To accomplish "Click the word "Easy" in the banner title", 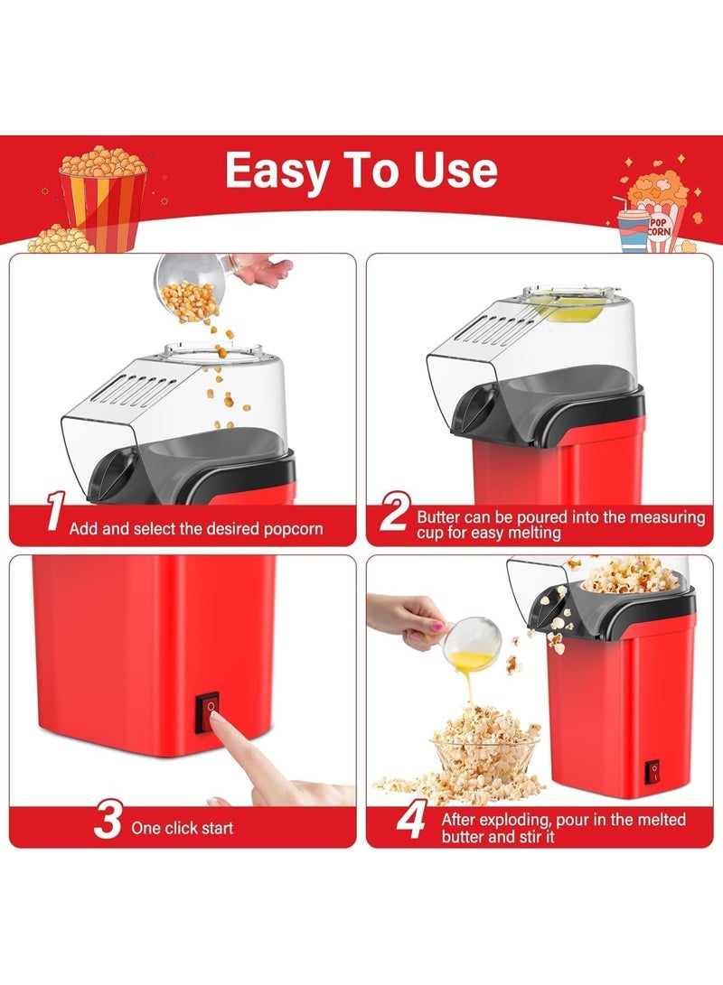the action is [x=277, y=172].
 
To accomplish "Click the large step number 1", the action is [x=56, y=511].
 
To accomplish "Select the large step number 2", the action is [x=395, y=511].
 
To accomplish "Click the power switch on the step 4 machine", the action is [x=653, y=772].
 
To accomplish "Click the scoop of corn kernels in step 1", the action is [x=189, y=289].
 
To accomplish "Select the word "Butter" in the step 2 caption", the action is [x=438, y=517].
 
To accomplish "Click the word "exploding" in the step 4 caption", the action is [x=512, y=821].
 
